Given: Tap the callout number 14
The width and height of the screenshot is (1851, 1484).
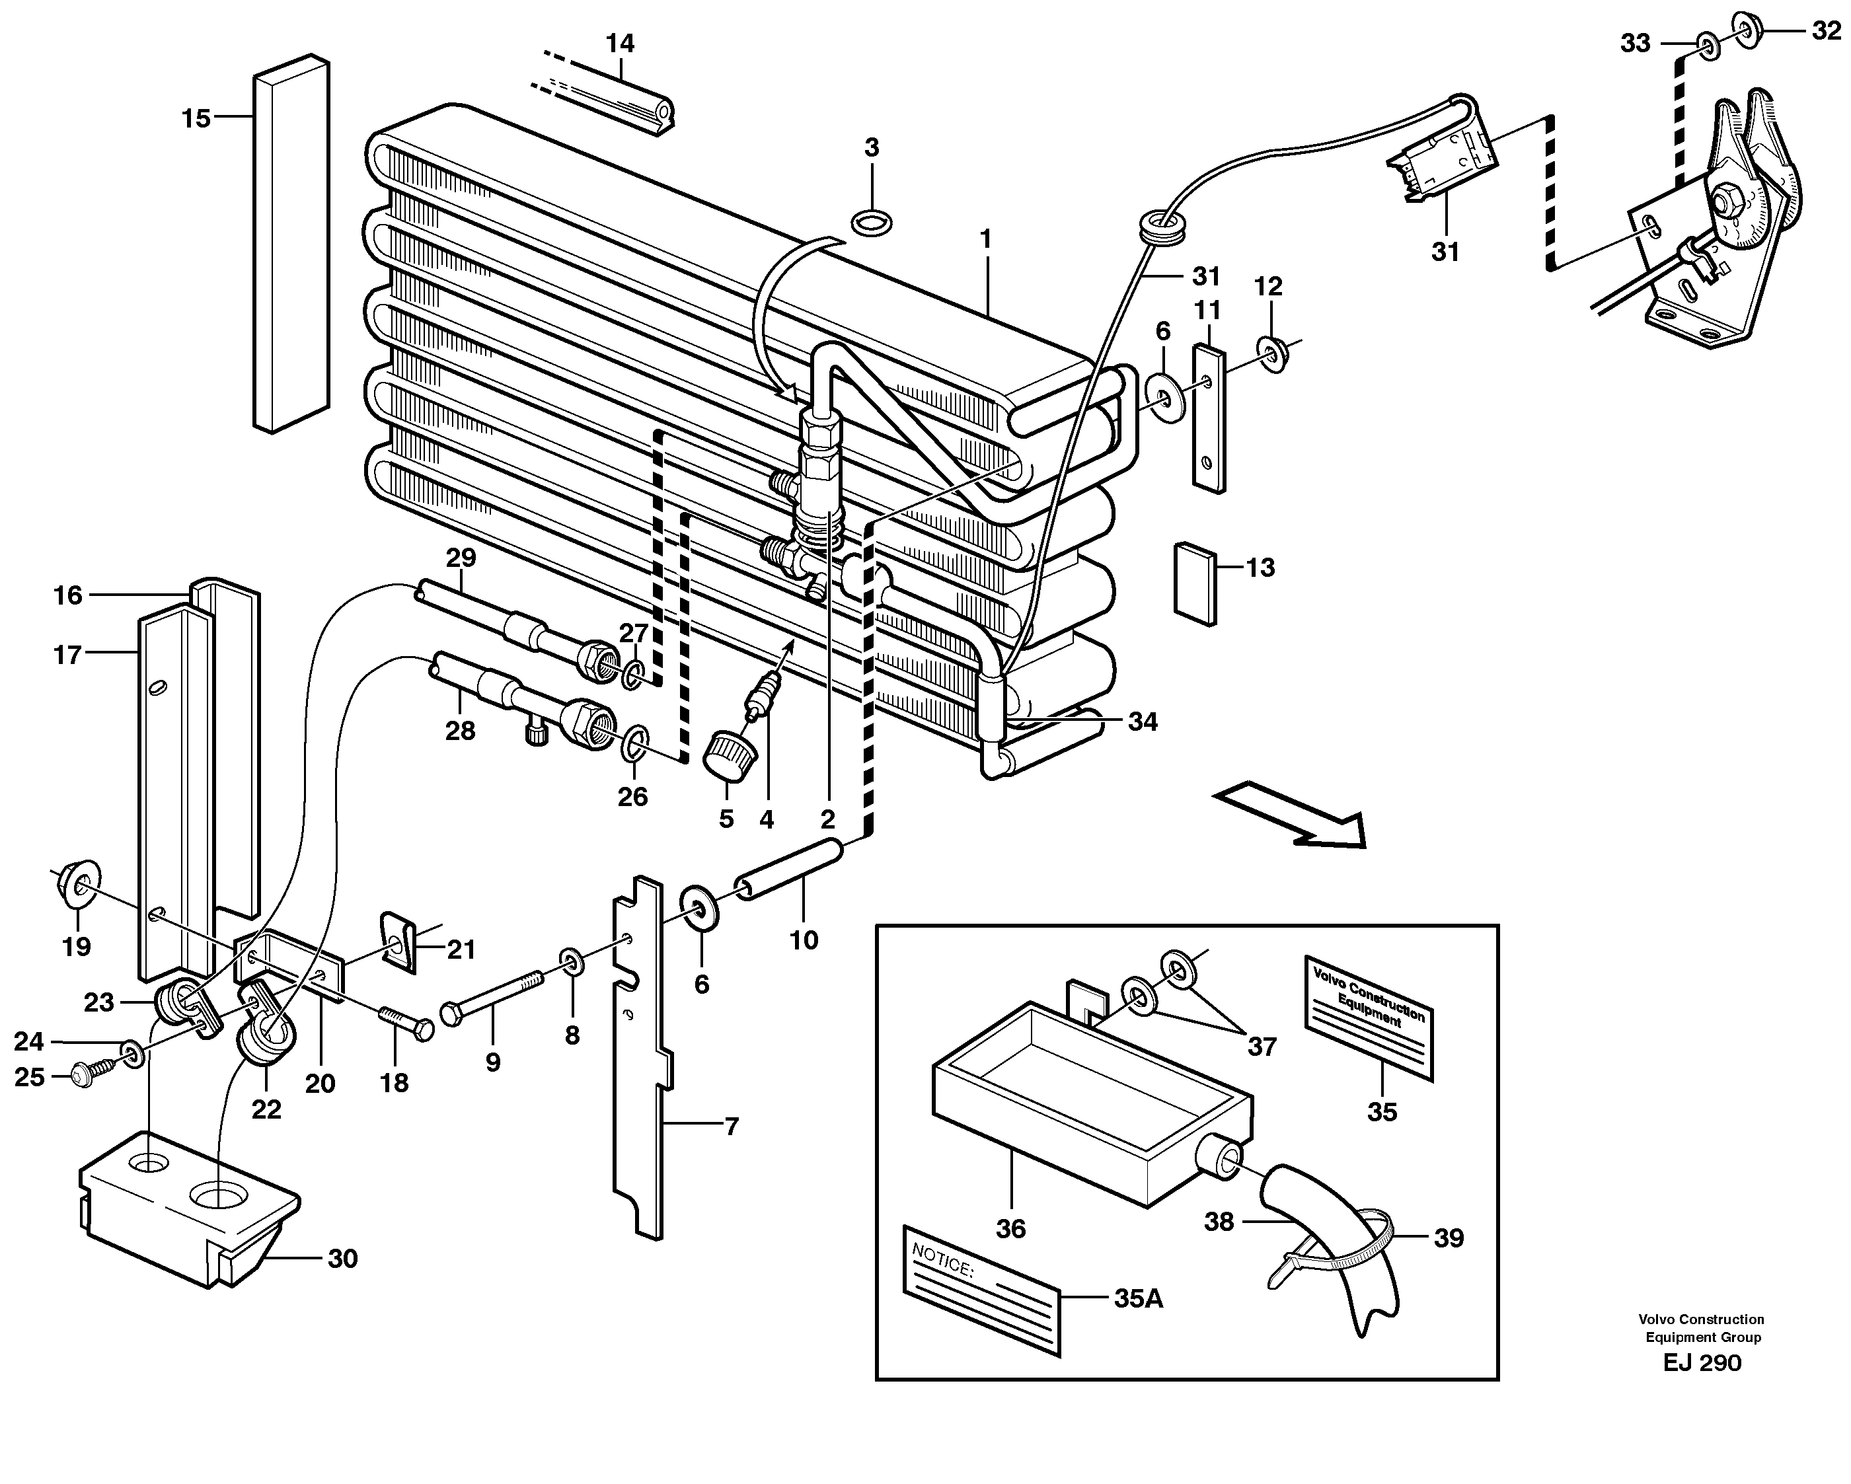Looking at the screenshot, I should coord(620,43).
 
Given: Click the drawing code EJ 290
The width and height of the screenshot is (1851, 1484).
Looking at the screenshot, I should coord(1702,1363).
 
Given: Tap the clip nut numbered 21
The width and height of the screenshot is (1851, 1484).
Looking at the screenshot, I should coord(399,942).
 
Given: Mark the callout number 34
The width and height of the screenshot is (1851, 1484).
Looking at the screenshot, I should coord(1143,722).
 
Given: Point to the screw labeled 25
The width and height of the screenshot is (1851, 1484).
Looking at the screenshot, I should coord(89,1073).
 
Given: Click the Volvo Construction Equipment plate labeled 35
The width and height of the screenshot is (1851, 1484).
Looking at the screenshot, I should coord(1369,1016).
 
